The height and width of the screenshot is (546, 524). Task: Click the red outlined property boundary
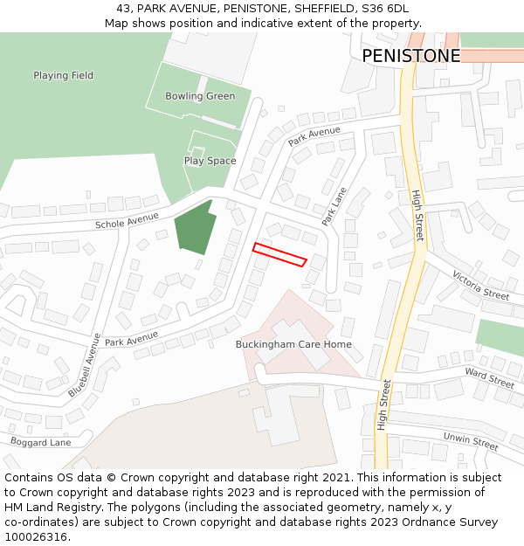(279, 254)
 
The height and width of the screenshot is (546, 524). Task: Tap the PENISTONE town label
(410, 56)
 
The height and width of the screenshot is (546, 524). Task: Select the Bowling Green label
(200, 96)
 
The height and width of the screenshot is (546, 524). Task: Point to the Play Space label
(210, 161)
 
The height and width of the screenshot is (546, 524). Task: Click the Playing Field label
(63, 76)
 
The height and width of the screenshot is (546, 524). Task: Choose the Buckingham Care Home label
(293, 344)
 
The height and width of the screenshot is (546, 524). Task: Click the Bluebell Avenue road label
(85, 364)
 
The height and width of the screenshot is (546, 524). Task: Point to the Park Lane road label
(334, 206)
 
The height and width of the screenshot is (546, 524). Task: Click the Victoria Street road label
(480, 285)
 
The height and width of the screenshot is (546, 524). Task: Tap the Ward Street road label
(489, 378)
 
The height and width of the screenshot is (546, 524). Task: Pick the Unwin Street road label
(470, 440)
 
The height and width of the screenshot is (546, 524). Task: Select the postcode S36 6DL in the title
(383, 8)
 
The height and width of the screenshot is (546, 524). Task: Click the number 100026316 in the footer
(35, 537)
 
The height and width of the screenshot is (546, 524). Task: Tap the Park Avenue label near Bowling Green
(314, 136)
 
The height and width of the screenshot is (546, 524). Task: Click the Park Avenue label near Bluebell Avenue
(131, 337)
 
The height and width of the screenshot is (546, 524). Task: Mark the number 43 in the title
(123, 8)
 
